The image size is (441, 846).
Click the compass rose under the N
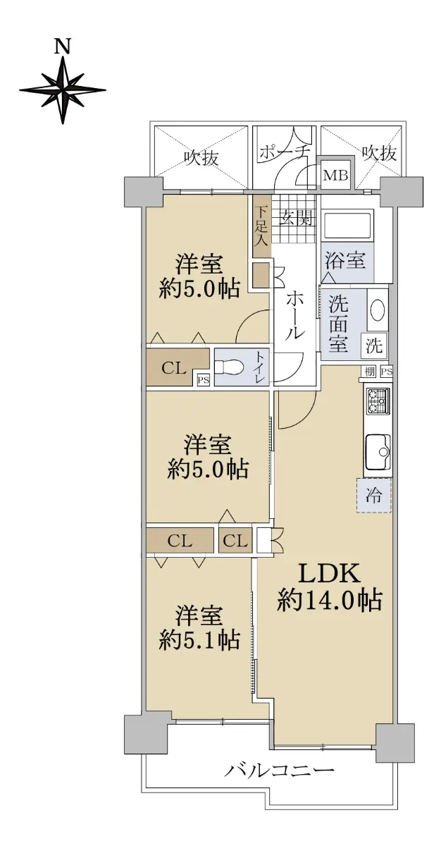tap(63, 90)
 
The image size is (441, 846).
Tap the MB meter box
tap(336, 176)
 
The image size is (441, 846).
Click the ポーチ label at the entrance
tap(285, 153)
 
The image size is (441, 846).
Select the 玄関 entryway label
tap(297, 219)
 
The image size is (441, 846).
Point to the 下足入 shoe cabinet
tap(261, 226)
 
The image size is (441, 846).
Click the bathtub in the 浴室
tap(347, 226)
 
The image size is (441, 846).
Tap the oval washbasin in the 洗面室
tap(378, 310)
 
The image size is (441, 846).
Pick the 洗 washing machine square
tap(374, 345)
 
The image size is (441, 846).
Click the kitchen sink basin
tap(378, 451)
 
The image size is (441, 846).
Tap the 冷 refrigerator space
tap(374, 495)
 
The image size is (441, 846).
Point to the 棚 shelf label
tap(370, 372)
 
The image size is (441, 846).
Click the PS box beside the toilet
tap(204, 380)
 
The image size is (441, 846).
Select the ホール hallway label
tap(294, 314)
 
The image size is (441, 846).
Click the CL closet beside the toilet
tap(174, 367)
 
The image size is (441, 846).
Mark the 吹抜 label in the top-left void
tap(201, 158)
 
